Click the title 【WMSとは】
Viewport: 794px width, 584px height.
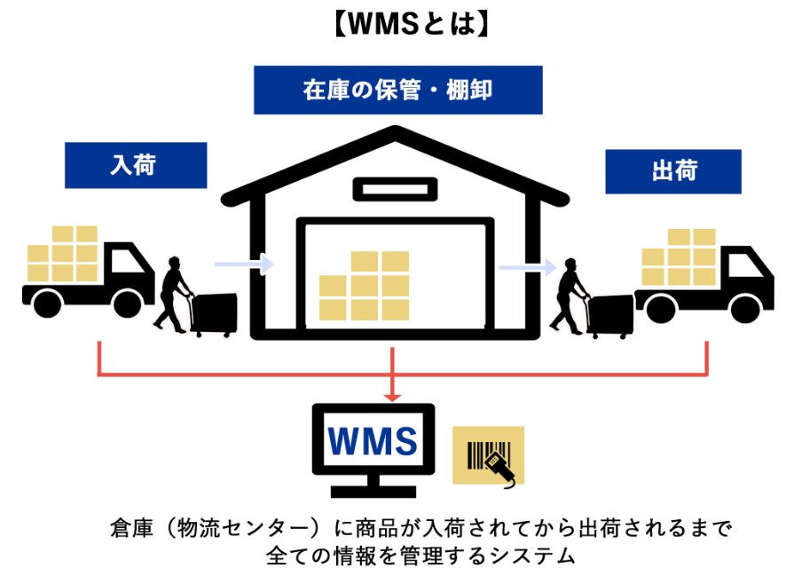(x=397, y=22)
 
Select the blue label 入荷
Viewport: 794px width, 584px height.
(x=135, y=165)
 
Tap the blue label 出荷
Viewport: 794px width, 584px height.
(x=672, y=171)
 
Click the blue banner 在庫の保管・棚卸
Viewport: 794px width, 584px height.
(x=397, y=90)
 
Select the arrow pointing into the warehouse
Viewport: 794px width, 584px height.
(x=244, y=263)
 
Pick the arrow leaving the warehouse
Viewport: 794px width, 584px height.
(x=526, y=265)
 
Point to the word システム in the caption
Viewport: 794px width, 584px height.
(x=530, y=557)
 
